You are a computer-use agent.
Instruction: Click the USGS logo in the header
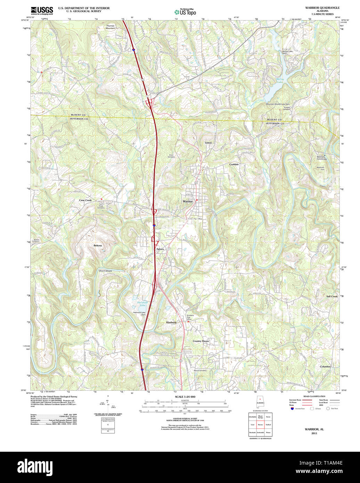(x=42, y=10)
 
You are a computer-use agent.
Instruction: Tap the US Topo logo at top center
(x=185, y=11)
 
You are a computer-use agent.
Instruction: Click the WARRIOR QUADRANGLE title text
(x=322, y=8)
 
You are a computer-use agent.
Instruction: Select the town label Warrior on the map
(x=188, y=202)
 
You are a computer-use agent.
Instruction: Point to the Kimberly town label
(x=171, y=322)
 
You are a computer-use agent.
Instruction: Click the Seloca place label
(x=160, y=249)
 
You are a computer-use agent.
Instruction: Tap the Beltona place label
(x=98, y=246)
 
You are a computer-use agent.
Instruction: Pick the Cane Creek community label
(x=85, y=200)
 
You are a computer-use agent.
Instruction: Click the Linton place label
(x=208, y=143)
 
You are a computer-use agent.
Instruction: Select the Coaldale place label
(x=234, y=164)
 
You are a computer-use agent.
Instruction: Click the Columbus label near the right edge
(x=325, y=367)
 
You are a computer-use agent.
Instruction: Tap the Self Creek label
(x=332, y=296)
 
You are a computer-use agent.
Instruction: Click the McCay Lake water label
(x=280, y=81)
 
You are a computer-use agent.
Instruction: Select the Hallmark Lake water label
(x=142, y=304)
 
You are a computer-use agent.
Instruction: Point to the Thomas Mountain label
(x=110, y=27)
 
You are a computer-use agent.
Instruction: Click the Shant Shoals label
(x=105, y=271)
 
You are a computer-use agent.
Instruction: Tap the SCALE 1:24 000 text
(x=185, y=397)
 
